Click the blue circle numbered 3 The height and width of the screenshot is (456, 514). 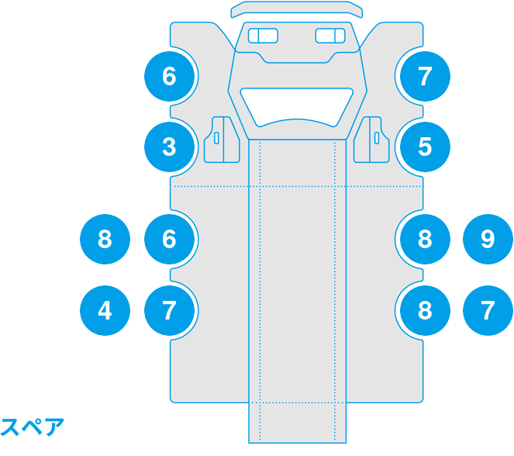(170, 147)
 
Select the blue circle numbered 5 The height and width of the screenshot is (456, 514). (425, 147)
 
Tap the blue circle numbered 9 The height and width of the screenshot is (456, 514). (488, 239)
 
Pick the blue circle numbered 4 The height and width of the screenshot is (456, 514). (105, 310)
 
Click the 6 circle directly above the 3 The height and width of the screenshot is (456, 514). (170, 76)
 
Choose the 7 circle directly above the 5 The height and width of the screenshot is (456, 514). (425, 76)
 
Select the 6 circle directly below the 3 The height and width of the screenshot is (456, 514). (170, 239)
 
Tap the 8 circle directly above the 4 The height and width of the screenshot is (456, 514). (105, 239)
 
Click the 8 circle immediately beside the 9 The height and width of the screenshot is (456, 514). (425, 239)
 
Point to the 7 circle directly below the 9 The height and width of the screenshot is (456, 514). (488, 310)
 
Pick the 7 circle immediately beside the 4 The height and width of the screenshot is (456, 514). (170, 310)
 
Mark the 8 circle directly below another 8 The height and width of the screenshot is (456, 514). (425, 310)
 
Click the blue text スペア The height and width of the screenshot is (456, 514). (32, 427)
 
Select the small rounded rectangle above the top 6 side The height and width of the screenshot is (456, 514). (264, 36)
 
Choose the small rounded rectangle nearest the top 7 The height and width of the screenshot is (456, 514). (330, 36)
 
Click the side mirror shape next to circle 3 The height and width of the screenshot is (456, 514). (222, 140)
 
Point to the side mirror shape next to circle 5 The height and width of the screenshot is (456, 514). (371, 140)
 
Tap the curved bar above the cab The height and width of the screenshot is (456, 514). (297, 9)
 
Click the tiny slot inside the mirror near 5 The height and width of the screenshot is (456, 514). (377, 138)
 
